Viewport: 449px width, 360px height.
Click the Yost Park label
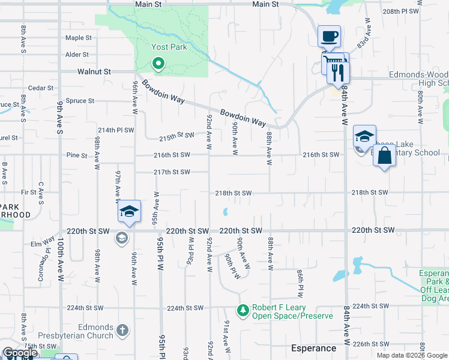pyautogui.click(x=169, y=47)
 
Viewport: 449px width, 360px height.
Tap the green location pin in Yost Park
pyautogui.click(x=158, y=62)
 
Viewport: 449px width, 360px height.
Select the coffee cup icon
pyautogui.click(x=329, y=36)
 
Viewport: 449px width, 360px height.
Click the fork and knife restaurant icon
pyautogui.click(x=338, y=71)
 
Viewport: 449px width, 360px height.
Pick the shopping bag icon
pyautogui.click(x=384, y=155)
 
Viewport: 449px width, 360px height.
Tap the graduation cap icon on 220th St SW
pyautogui.click(x=129, y=211)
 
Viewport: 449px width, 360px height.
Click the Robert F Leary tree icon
pyautogui.click(x=243, y=310)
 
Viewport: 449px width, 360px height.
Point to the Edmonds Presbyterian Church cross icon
pyautogui.click(x=122, y=329)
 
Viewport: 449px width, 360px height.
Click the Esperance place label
pyautogui.click(x=313, y=348)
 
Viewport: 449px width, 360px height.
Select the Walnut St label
pyautogui.click(x=94, y=71)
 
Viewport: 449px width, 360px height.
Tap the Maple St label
pyautogui.click(x=79, y=38)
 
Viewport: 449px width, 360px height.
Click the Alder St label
pyautogui.click(x=77, y=55)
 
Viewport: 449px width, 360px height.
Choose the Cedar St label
pyautogui.click(x=41, y=88)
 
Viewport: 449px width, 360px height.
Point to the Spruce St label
pyautogui.click(x=80, y=101)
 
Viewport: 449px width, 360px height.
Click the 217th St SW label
pyautogui.click(x=172, y=172)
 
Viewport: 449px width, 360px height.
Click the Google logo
pyautogui.click(x=20, y=353)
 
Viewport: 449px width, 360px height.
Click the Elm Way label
pyautogui.click(x=43, y=244)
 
